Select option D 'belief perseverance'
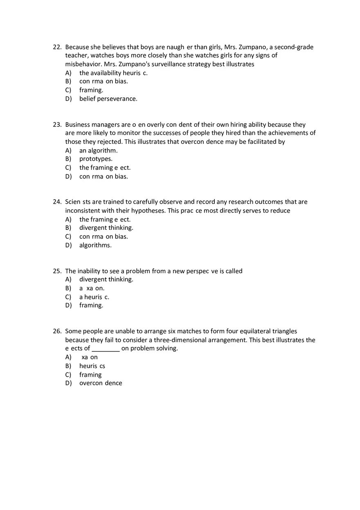108,99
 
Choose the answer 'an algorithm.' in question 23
98,151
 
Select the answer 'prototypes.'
96,159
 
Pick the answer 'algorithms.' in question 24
95,245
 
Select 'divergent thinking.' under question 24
106,228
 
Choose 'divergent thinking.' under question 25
106,279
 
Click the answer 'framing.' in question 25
91,306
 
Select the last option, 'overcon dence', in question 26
101,383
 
